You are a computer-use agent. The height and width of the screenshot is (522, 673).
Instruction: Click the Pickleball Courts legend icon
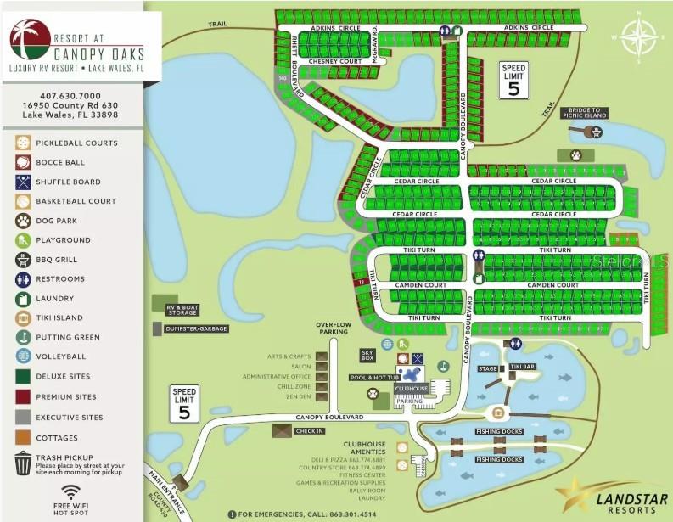23,143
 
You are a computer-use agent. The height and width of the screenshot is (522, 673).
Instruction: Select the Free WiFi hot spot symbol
71,493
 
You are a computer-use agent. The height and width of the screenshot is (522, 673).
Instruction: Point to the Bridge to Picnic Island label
584,112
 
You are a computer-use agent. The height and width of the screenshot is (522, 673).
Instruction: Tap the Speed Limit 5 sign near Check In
184,404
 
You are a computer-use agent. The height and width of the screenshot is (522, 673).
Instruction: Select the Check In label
309,430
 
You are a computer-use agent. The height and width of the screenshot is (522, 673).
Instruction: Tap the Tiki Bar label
523,367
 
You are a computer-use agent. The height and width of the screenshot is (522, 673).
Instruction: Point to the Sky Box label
367,354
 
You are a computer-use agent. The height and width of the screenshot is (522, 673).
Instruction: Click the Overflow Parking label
334,328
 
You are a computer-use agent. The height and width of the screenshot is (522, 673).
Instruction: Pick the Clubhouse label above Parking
412,387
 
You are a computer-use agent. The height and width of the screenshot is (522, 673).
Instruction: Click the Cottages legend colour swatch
23,438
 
